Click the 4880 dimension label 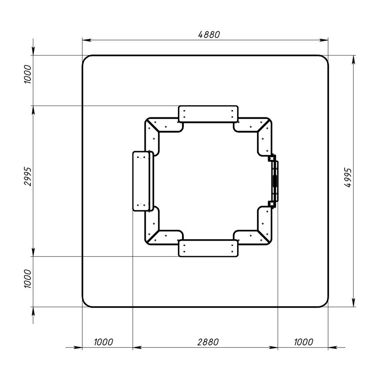point(209,35)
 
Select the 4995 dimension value point(348,178)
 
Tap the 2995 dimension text point(28,177)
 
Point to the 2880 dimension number point(208,342)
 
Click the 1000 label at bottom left point(104,342)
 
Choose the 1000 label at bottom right point(304,342)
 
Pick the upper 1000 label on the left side point(28,74)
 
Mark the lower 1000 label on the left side point(28,279)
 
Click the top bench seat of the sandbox point(208,114)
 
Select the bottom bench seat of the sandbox point(208,248)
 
